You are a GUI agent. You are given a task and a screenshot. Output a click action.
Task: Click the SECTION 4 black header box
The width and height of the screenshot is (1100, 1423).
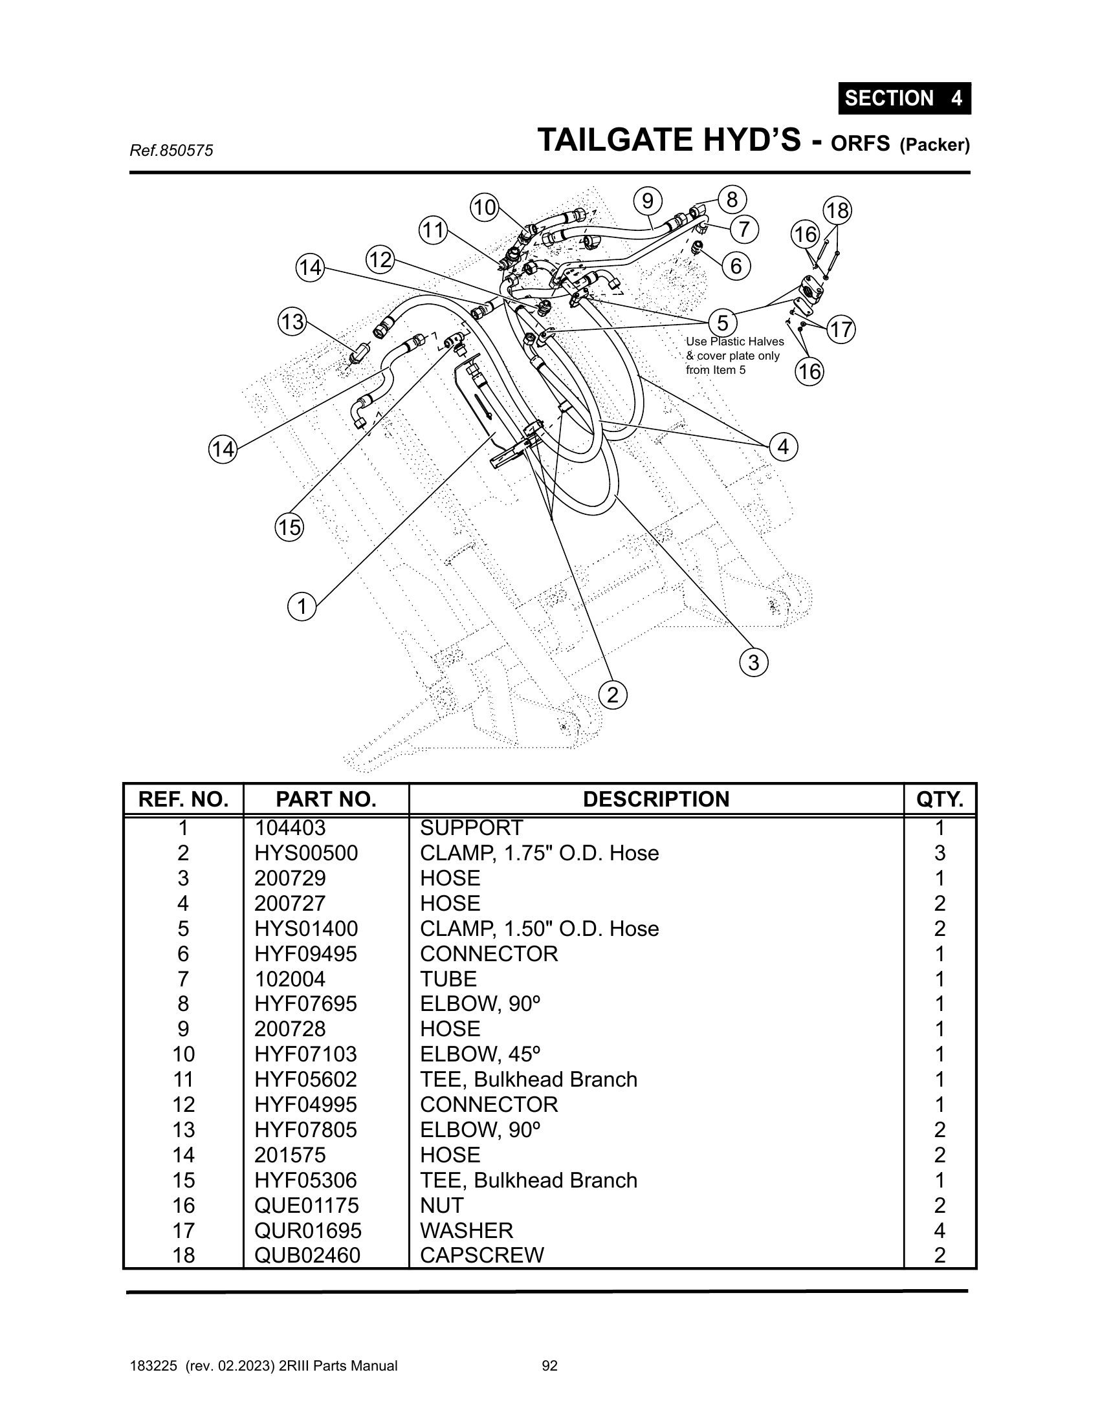click(x=904, y=98)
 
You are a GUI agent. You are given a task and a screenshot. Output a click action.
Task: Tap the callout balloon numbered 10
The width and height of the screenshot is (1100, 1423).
click(x=484, y=208)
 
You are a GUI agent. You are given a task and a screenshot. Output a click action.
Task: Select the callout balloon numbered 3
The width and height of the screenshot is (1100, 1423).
click(x=753, y=663)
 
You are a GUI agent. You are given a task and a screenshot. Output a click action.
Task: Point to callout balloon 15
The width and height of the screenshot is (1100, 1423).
click(x=289, y=527)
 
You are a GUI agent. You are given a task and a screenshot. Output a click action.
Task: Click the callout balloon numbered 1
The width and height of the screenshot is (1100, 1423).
click(x=302, y=607)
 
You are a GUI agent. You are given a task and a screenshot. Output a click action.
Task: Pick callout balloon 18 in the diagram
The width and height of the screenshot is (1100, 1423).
click(x=837, y=211)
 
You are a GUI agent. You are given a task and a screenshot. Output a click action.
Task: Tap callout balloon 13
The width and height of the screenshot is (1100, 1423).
click(x=292, y=322)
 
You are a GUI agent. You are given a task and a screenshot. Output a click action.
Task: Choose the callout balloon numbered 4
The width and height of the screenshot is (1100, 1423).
click(x=784, y=447)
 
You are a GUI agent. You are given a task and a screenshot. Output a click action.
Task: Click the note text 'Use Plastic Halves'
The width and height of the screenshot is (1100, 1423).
click(x=734, y=342)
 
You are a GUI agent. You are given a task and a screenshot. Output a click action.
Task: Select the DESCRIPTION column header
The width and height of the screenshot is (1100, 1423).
click(x=655, y=799)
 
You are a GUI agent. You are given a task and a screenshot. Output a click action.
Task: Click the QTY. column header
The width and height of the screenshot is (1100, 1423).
click(x=939, y=799)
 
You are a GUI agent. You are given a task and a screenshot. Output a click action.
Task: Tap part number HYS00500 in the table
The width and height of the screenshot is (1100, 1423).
click(x=306, y=854)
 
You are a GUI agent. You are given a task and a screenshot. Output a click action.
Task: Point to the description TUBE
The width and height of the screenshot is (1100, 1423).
click(x=448, y=979)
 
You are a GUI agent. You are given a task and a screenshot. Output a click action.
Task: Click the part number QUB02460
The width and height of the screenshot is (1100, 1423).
click(x=307, y=1255)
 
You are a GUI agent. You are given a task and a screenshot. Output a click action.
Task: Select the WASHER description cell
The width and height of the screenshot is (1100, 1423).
click(x=467, y=1230)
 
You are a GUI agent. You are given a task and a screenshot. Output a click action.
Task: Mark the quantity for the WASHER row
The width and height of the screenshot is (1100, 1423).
click(x=939, y=1230)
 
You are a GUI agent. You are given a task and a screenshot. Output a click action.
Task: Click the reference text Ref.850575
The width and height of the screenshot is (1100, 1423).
click(x=171, y=151)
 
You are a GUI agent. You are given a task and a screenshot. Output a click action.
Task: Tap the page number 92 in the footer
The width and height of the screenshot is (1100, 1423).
click(x=550, y=1365)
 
